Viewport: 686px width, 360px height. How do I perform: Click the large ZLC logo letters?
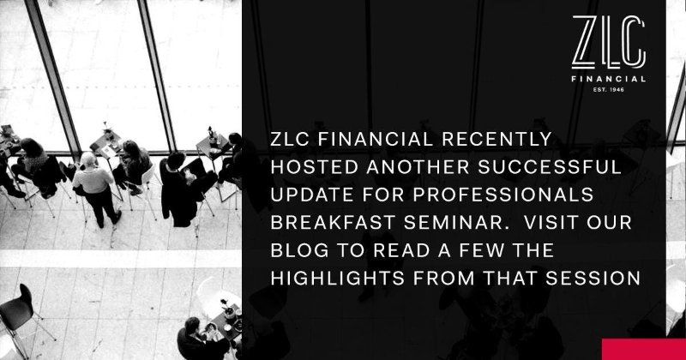coord(609,43)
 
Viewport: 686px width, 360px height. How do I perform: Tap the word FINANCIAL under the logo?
coord(609,79)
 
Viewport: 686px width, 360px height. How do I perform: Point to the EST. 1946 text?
coord(609,90)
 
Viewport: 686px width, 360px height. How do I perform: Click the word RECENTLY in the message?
coord(496,139)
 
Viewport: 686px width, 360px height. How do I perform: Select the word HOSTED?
coord(314,167)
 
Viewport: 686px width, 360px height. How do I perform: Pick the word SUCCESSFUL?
coord(549,167)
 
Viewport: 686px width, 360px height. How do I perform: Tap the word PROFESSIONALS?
coord(503,195)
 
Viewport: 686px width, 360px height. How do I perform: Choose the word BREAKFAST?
coord(332,222)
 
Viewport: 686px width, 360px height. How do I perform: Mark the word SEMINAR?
coord(454,222)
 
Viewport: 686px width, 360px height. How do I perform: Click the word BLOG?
coord(299,250)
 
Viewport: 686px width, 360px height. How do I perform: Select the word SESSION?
coord(593,279)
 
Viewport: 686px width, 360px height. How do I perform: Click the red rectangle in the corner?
coord(644,349)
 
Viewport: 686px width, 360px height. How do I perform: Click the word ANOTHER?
coord(418,167)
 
